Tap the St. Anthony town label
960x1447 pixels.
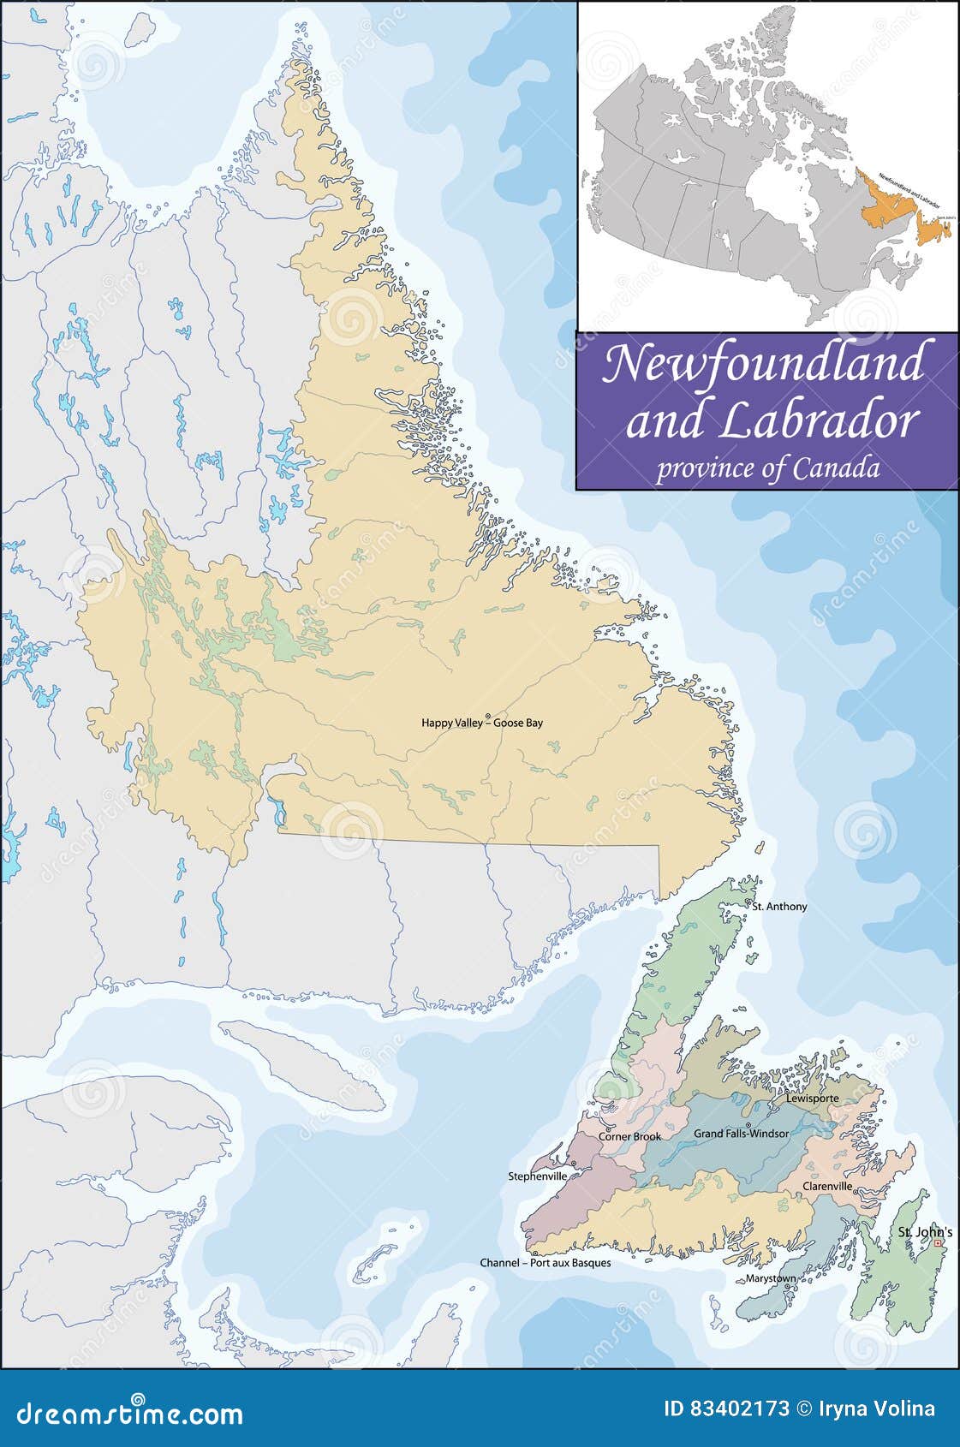[x=779, y=906]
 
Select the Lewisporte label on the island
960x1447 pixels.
[x=812, y=1099]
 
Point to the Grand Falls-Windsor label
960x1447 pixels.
[x=741, y=1134]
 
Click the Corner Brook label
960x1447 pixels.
[x=629, y=1137]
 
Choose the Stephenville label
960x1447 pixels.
[x=537, y=1176]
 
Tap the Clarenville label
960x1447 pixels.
[x=826, y=1187]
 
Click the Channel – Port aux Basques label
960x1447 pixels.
[x=545, y=1263]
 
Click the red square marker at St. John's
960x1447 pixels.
[x=937, y=1243]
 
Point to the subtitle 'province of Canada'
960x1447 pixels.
[x=767, y=469]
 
